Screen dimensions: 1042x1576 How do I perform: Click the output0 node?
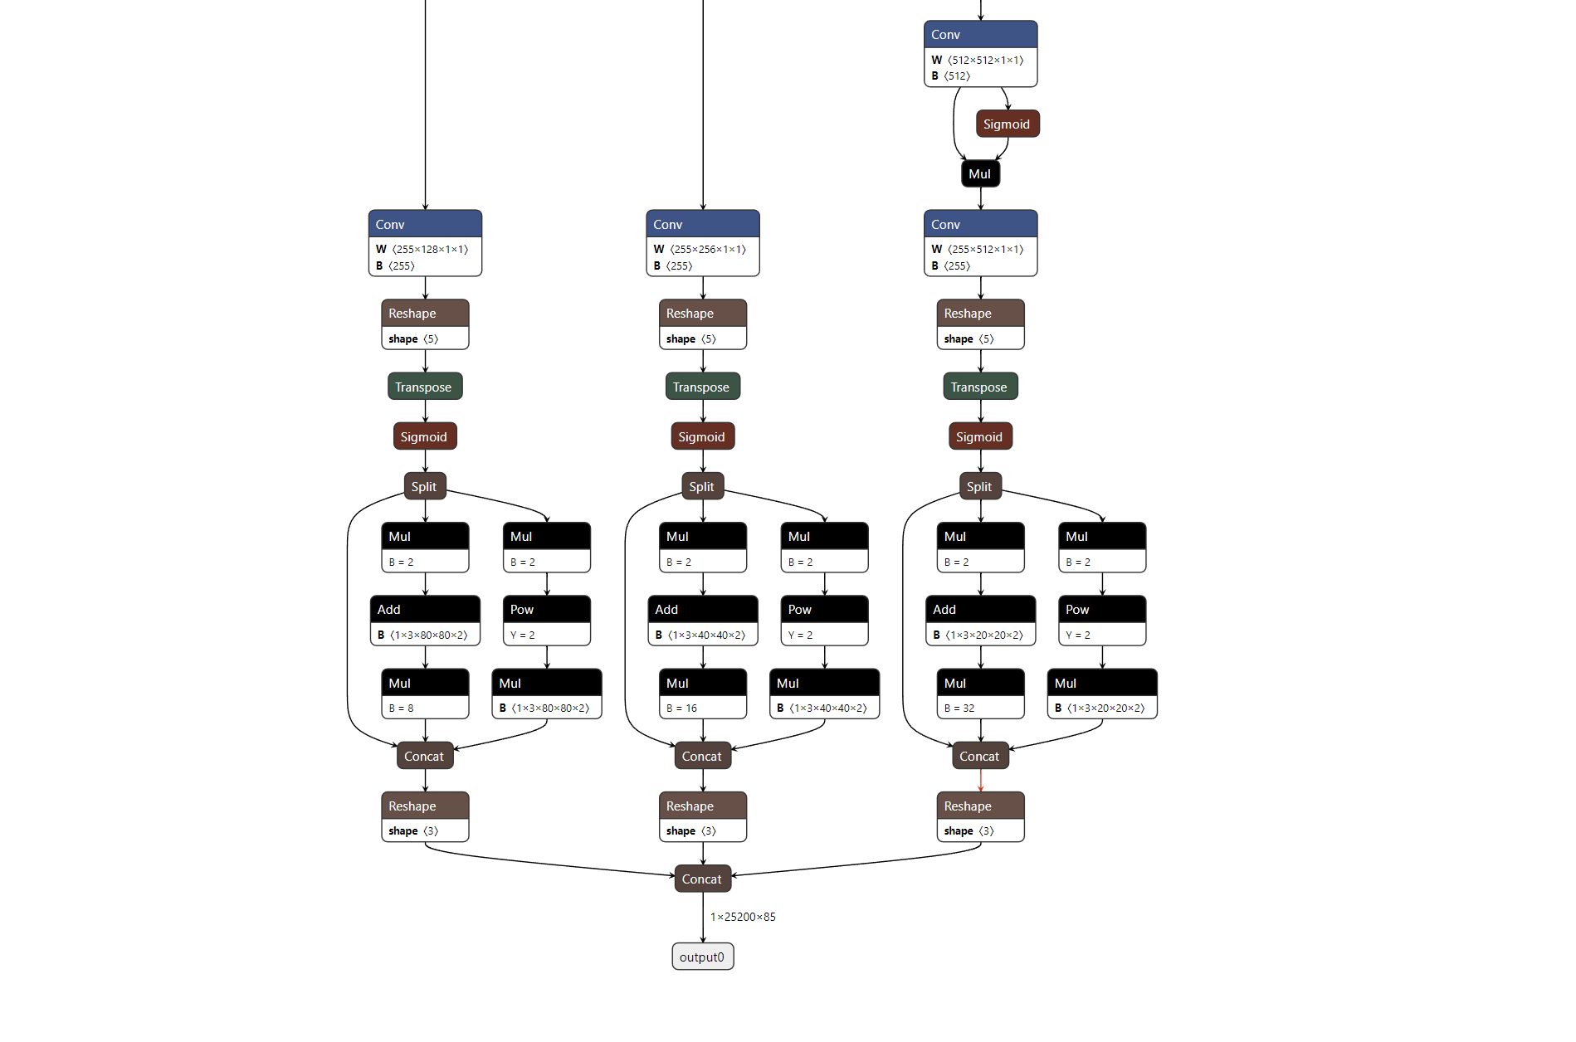pyautogui.click(x=702, y=957)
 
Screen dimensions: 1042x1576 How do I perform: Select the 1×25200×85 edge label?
pyautogui.click(x=743, y=917)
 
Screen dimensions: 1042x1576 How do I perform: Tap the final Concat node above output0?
pyautogui.click(x=702, y=879)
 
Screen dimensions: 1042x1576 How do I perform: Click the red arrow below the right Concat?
pyautogui.click(x=981, y=781)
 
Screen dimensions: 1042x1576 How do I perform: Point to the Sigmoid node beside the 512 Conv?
pyautogui.click(x=1007, y=124)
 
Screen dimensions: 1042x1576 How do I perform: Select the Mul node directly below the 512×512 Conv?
pyautogui.click(x=980, y=174)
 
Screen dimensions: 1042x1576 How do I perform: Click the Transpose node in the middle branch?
pyautogui.click(x=702, y=387)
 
